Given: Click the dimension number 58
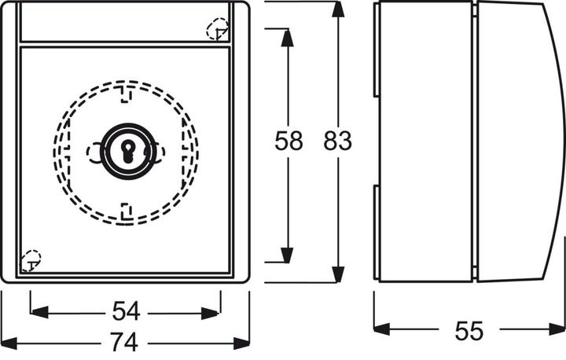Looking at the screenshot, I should [x=289, y=141].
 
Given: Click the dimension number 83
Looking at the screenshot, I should [x=337, y=141].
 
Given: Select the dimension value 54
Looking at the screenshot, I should [x=126, y=312].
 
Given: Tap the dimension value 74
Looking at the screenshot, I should [x=126, y=343].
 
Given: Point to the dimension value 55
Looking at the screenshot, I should [x=469, y=330].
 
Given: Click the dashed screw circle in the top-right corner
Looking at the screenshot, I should [x=217, y=31].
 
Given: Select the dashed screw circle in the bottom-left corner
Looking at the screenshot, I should [x=31, y=258].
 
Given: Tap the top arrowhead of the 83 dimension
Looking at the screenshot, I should [x=337, y=9].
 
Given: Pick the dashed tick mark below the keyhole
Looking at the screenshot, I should [x=126, y=209].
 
